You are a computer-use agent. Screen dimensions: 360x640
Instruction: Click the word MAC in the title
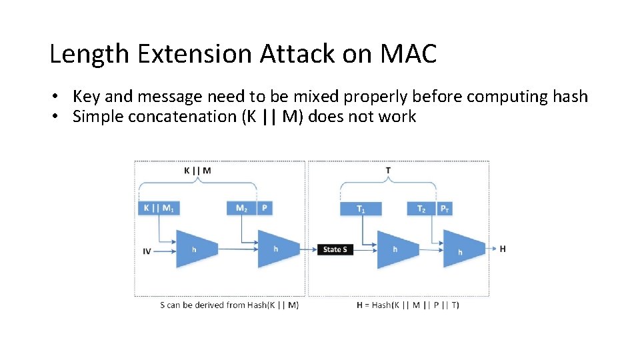click(408, 54)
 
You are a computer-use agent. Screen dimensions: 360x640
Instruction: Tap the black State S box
click(335, 249)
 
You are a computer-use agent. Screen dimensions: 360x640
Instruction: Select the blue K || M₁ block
click(159, 208)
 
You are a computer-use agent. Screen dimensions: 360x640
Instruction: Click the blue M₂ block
click(241, 208)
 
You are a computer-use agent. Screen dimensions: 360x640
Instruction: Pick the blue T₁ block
click(361, 209)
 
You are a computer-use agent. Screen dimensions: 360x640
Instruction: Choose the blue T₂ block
click(421, 209)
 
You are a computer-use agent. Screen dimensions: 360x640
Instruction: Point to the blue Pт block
click(445, 209)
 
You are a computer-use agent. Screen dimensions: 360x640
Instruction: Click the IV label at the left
click(147, 251)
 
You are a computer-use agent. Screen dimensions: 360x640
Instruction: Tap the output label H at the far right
click(502, 249)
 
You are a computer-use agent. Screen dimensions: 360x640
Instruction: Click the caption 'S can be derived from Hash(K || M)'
click(229, 305)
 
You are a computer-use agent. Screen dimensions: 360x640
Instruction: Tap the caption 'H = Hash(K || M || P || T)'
click(407, 305)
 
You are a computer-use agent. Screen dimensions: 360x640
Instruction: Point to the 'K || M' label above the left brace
click(197, 171)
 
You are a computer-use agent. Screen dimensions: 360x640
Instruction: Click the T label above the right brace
click(388, 171)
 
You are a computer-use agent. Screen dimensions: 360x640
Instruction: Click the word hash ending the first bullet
click(570, 97)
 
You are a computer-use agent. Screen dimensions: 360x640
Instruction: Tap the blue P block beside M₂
click(265, 208)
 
